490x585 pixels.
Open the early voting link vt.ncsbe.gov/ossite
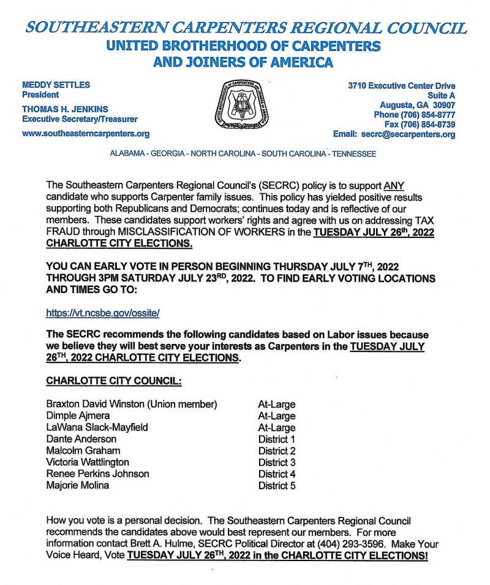tap(103, 313)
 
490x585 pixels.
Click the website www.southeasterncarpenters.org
tap(86, 134)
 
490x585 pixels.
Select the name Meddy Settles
tap(56, 85)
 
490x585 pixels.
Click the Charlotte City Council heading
tap(114, 381)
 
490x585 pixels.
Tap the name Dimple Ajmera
tap(78, 416)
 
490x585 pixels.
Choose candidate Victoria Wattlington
tap(88, 462)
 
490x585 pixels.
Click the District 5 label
tap(277, 486)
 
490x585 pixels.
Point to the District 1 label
tap(277, 439)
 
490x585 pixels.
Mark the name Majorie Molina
tap(78, 486)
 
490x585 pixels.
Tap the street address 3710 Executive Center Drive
tap(402, 86)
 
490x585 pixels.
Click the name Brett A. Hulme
tap(151, 545)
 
